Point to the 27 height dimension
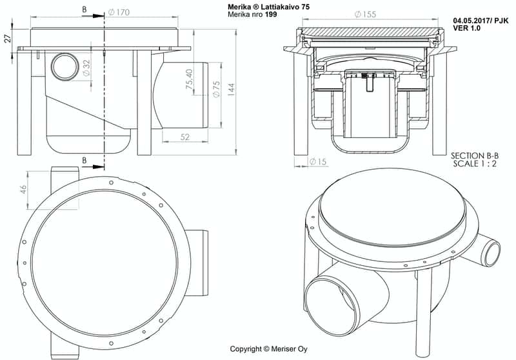pos(7,37)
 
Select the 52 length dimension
pos(185,136)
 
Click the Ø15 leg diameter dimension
pos(317,161)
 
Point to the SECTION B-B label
pos(475,155)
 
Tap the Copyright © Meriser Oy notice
pos(270,349)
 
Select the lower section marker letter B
pos(84,160)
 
